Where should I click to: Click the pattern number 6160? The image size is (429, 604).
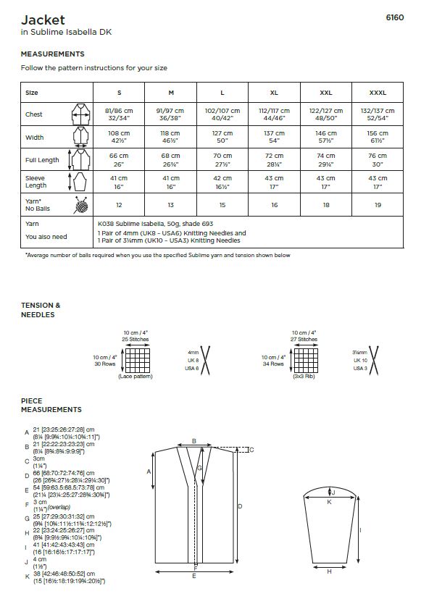pos(394,18)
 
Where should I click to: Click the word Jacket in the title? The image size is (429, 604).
pos(43,20)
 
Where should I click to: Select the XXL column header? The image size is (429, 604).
pos(326,93)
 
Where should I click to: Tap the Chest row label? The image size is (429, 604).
pos(34,114)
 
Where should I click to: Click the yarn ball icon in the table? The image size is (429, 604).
pos(80,205)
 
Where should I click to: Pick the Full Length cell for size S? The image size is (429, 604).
pos(119,160)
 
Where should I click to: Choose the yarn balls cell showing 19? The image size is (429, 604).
pos(378,205)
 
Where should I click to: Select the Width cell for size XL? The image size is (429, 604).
pos(274,137)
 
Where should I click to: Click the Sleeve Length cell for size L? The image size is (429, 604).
pos(222,182)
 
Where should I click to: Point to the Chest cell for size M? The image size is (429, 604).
pos(171,114)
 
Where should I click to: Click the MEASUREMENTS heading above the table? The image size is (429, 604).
pos(52,54)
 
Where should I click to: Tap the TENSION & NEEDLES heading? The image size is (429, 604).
pos(41,310)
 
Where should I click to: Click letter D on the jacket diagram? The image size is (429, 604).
pos(240,506)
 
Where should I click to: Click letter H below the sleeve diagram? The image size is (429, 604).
pos(329,571)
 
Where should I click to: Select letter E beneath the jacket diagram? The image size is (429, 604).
pos(193,576)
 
